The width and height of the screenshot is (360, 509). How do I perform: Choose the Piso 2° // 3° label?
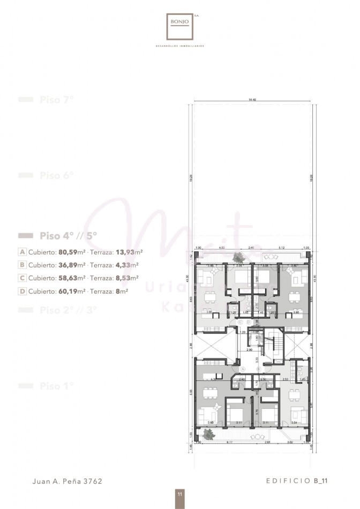point(67,310)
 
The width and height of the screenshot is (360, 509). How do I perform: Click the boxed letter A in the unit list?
point(22,251)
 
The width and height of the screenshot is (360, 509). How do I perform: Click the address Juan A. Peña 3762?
point(67,481)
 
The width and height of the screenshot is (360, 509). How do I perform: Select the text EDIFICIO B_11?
point(297,481)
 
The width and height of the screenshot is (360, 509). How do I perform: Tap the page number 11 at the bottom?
point(180,494)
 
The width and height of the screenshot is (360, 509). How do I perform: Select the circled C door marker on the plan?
point(241,322)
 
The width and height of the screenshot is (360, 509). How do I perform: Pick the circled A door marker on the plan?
point(243,370)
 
